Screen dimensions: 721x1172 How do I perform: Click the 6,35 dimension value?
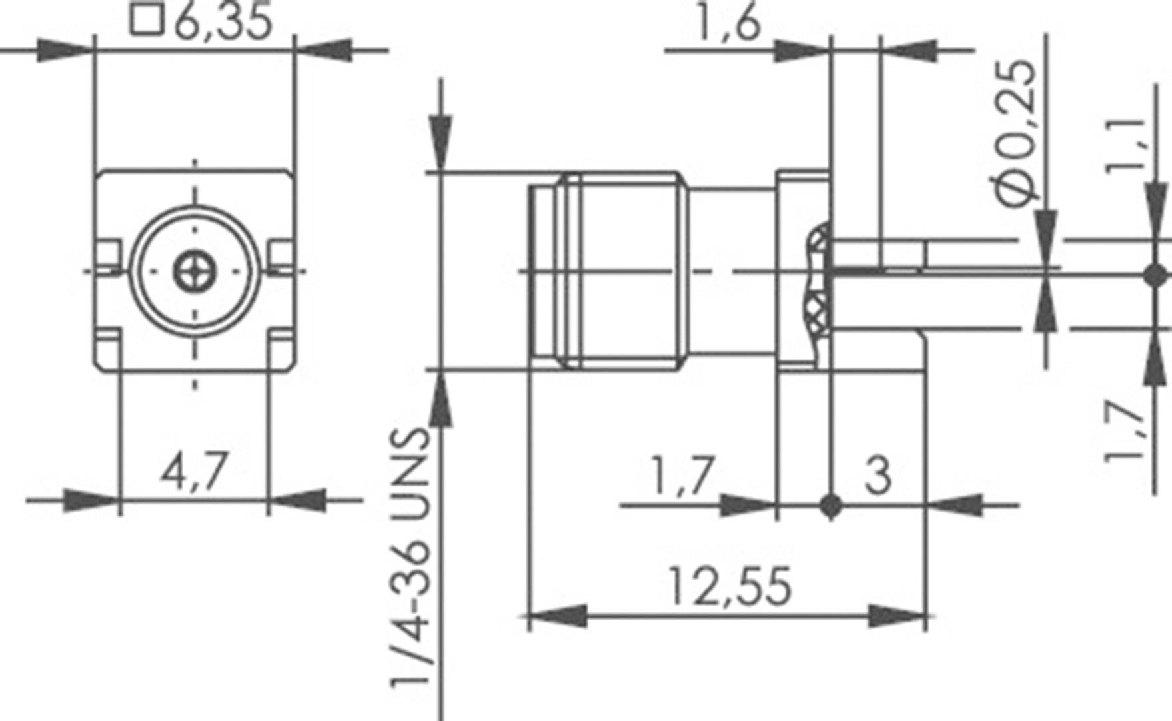pyautogui.click(x=223, y=21)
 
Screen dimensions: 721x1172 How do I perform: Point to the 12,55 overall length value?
pyautogui.click(x=730, y=586)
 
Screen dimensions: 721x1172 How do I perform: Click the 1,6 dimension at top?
pyautogui.click(x=728, y=24)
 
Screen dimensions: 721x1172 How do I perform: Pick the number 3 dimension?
pyautogui.click(x=878, y=475)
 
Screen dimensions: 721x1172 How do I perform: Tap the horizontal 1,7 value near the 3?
pyautogui.click(x=682, y=475)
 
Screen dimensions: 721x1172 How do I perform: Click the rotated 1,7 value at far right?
pyautogui.click(x=1125, y=430)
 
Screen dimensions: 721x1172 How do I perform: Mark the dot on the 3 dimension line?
pyautogui.click(x=831, y=506)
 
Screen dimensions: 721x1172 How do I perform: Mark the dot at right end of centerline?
pyautogui.click(x=1155, y=274)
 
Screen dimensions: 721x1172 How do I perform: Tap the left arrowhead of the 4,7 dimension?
pyautogui.click(x=91, y=500)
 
